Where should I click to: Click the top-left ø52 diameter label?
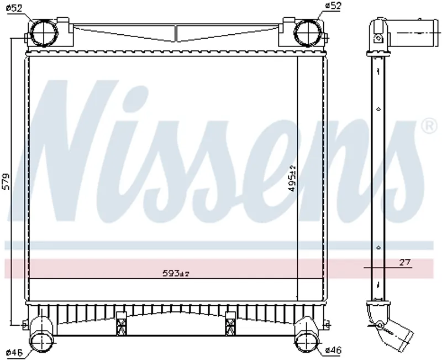[14, 8]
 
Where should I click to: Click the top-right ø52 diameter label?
[333, 6]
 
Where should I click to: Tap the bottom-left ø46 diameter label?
[14, 352]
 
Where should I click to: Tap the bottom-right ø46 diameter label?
[333, 351]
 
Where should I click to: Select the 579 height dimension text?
[6, 181]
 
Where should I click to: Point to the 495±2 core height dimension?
[293, 179]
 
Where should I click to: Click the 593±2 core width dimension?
[175, 273]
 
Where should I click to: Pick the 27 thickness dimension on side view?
[405, 262]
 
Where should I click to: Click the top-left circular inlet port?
[44, 32]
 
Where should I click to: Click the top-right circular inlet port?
[307, 32]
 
